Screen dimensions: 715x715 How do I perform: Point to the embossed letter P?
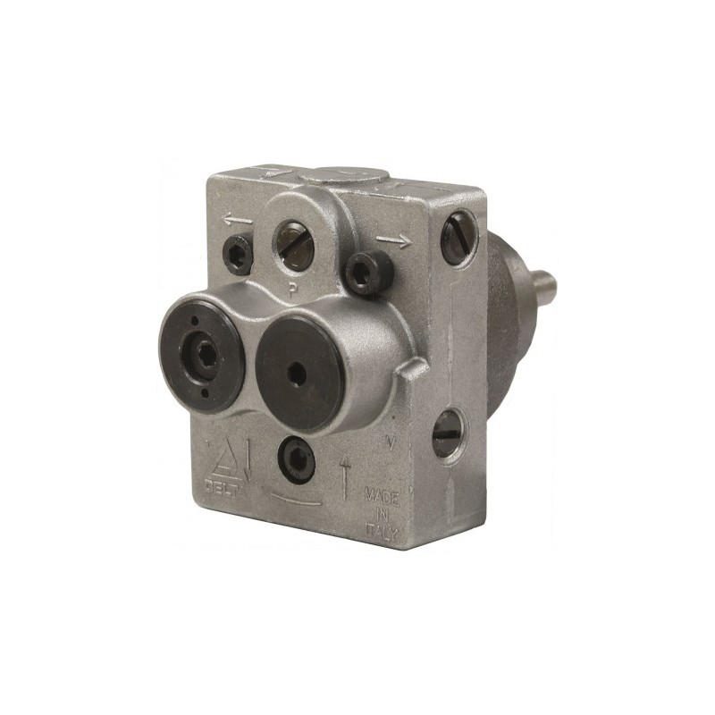tap(292, 288)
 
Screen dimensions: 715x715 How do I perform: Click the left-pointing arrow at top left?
tap(237, 219)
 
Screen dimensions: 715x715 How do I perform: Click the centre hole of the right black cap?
tap(296, 366)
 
